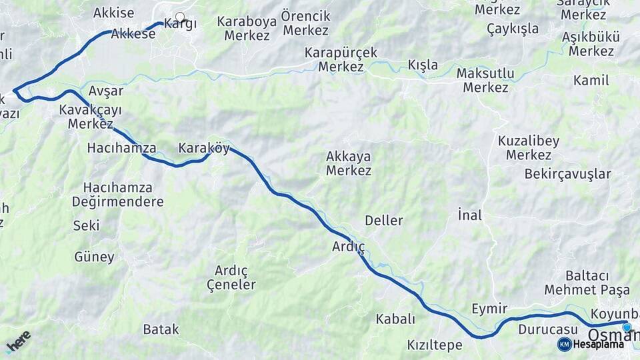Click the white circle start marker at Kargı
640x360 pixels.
(x=179, y=17)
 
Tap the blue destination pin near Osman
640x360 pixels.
(x=627, y=327)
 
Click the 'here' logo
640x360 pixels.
(x=18, y=341)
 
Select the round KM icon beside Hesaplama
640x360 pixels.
(x=565, y=344)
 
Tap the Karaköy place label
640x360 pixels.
(x=203, y=148)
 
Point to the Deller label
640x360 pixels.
(x=383, y=220)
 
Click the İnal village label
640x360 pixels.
(x=469, y=215)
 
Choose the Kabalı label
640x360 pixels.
(x=395, y=319)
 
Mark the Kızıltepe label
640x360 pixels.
(x=434, y=345)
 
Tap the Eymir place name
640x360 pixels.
(x=489, y=308)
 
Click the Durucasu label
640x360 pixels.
(x=547, y=329)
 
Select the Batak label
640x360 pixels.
(x=161, y=329)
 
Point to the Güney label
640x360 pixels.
(x=94, y=257)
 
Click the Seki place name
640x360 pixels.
(x=86, y=225)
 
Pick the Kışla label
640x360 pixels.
(x=423, y=65)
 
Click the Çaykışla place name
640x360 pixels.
(x=512, y=29)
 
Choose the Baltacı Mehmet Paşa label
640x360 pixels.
(x=587, y=283)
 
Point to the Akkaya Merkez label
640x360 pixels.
(x=349, y=163)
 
